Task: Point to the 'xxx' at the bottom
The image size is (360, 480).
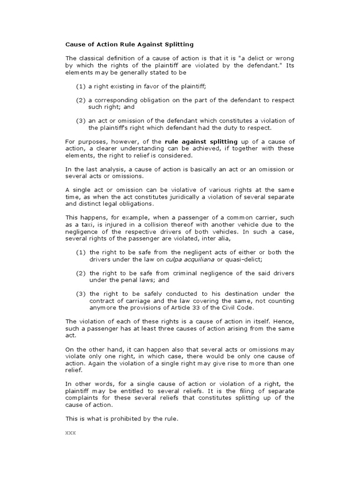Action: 70,432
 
